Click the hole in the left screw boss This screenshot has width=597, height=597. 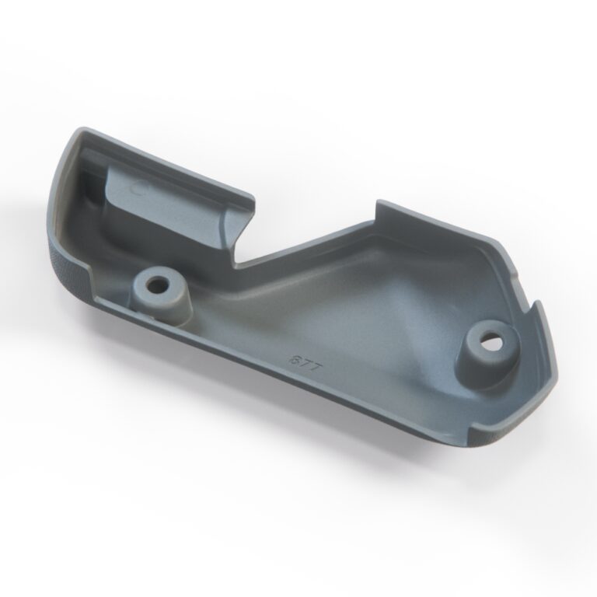click(160, 284)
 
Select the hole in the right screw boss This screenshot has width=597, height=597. click(491, 340)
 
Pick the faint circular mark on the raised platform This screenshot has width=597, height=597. click(139, 187)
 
